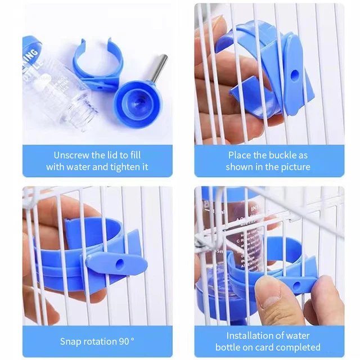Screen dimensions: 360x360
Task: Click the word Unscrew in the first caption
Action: click(71, 155)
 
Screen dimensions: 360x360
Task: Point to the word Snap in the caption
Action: click(70, 341)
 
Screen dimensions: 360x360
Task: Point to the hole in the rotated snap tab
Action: click(119, 263)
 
